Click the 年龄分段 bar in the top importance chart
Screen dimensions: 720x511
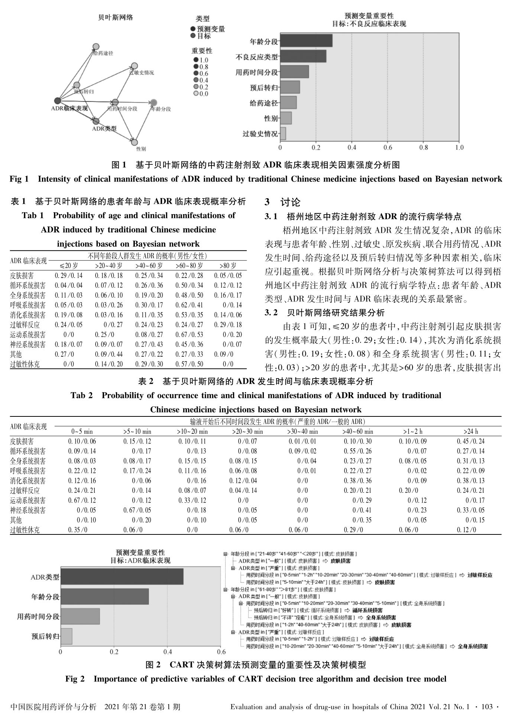tap(306, 41)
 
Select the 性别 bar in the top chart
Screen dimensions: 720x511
tap(286, 118)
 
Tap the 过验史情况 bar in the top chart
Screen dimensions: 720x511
tap(283, 134)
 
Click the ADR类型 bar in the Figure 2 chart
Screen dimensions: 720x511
tap(122, 577)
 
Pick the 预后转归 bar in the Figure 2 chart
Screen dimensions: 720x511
tap(66, 636)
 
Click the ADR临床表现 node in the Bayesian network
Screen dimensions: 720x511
tap(57, 101)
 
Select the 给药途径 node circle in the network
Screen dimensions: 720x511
tap(96, 46)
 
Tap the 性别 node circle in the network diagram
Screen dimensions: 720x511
tap(135, 142)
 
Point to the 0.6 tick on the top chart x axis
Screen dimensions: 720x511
tap(388, 148)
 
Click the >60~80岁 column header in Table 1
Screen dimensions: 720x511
tap(189, 266)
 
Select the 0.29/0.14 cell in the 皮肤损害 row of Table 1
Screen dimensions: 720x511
tap(69, 275)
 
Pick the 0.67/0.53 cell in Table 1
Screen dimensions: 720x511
tap(189, 334)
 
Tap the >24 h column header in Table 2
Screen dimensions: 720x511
tap(470, 432)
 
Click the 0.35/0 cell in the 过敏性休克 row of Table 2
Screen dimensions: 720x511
tap(78, 530)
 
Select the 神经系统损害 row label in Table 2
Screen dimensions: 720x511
tap(28, 510)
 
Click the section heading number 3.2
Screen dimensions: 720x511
tap(271, 312)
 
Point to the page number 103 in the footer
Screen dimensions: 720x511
tap(486, 707)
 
